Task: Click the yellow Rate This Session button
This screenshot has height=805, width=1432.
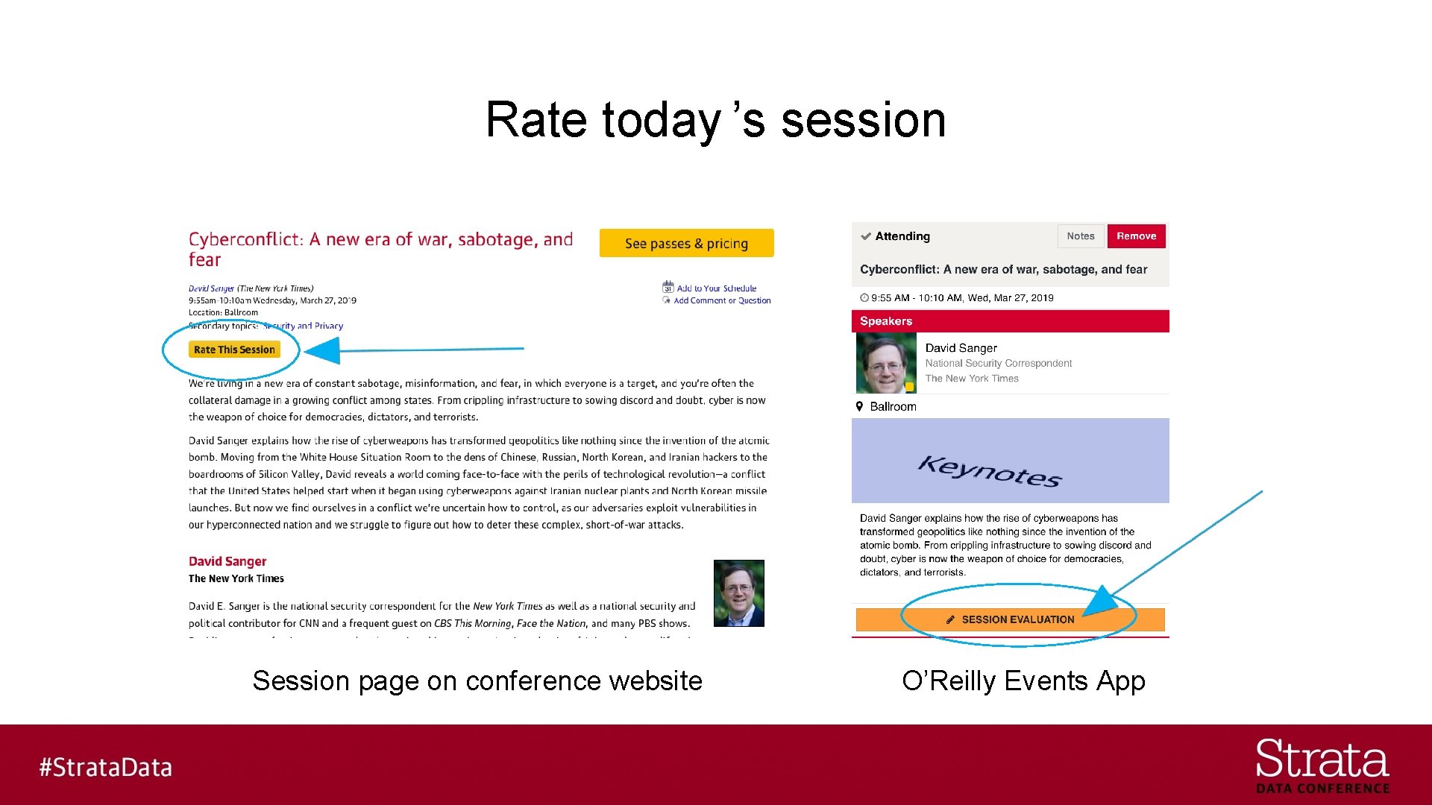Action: [234, 350]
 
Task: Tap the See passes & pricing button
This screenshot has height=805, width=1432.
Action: [686, 243]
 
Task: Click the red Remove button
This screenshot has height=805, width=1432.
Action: [1136, 236]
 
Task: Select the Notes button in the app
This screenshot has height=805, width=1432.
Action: [1080, 236]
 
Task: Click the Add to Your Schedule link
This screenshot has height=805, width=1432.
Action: [716, 288]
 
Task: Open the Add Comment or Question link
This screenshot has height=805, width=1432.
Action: [721, 301]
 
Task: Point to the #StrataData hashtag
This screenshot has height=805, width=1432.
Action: [105, 767]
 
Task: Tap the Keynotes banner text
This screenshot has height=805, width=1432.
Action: [989, 471]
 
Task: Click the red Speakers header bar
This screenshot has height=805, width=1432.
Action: [1010, 321]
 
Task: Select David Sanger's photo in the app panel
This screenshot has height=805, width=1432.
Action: [885, 363]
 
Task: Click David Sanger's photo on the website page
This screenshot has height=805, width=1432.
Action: [738, 593]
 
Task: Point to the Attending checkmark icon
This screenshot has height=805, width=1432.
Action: [866, 237]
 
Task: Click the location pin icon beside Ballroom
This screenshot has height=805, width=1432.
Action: [859, 406]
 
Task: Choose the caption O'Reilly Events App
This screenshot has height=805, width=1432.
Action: [1023, 681]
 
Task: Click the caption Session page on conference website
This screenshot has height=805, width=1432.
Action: [477, 681]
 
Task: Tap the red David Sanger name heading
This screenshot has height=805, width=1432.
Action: [227, 561]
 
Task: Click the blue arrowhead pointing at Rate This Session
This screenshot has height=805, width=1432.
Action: [324, 350]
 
